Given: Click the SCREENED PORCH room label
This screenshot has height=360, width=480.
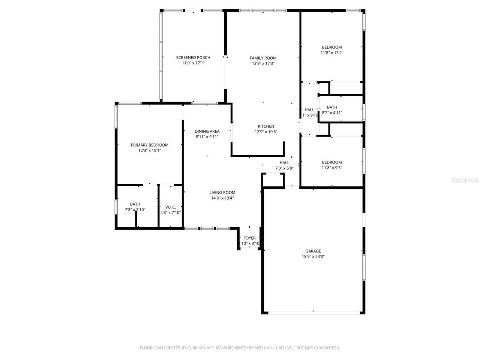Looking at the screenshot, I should (193, 57).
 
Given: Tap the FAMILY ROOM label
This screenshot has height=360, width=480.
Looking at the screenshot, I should (263, 58).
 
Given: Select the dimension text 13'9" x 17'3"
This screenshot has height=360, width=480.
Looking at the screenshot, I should (263, 64).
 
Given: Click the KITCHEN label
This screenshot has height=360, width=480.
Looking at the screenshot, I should (266, 126).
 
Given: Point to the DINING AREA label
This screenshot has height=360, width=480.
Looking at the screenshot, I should (207, 131).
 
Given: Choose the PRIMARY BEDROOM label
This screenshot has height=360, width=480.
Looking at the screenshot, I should (149, 145).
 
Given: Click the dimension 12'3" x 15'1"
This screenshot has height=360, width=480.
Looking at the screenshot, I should (149, 151).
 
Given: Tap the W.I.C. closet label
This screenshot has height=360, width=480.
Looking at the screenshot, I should (171, 207).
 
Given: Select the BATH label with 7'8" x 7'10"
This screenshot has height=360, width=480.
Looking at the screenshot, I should (135, 204).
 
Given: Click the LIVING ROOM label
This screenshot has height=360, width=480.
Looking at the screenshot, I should (222, 192).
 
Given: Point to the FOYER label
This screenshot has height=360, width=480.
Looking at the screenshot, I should (249, 238).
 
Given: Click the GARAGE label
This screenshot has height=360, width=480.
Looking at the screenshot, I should (313, 251).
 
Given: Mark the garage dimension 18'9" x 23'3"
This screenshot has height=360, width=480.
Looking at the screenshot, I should (313, 257).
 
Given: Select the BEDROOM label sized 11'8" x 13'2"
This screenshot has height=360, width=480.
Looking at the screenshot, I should (332, 47).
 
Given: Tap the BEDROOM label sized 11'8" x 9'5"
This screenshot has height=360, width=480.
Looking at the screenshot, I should (332, 162).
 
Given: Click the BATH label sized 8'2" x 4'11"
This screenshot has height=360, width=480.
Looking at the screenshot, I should (332, 107).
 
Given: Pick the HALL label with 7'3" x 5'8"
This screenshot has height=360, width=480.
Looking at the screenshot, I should (284, 162).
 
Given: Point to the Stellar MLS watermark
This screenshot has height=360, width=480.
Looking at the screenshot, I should (465, 180).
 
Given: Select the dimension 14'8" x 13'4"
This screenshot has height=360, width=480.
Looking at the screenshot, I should (222, 198).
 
